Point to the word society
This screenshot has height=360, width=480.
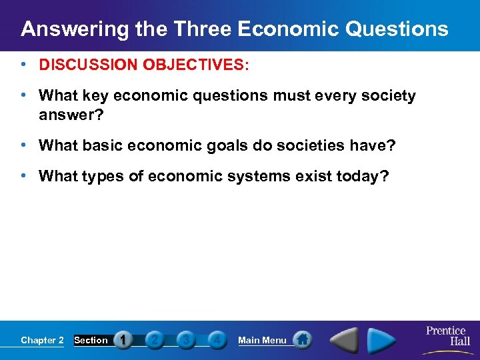pyautogui.click(x=386, y=96)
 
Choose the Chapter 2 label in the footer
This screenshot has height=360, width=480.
pyautogui.click(x=42, y=340)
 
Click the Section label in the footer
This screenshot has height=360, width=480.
pyautogui.click(x=91, y=340)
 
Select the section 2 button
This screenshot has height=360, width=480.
pyautogui.click(x=154, y=340)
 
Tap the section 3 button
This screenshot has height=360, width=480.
pyautogui.click(x=186, y=340)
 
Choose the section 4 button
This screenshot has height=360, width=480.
pyautogui.click(x=216, y=340)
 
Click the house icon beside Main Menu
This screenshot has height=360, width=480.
pyautogui.click(x=302, y=340)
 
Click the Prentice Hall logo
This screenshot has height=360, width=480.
pyautogui.click(x=446, y=336)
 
